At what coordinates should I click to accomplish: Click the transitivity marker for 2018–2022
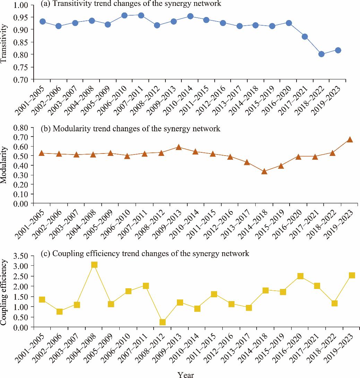(x=321, y=54)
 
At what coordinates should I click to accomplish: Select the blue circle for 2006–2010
(x=125, y=16)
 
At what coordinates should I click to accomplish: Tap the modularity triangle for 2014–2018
(x=264, y=172)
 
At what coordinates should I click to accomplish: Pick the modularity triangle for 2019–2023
(x=350, y=140)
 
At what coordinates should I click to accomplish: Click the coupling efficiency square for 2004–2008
(x=94, y=265)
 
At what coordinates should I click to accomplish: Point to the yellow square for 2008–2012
(x=162, y=322)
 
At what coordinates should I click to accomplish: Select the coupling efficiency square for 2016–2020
(x=300, y=276)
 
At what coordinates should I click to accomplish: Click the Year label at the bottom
(x=186, y=375)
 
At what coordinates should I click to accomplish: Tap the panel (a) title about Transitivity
(x=130, y=4)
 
